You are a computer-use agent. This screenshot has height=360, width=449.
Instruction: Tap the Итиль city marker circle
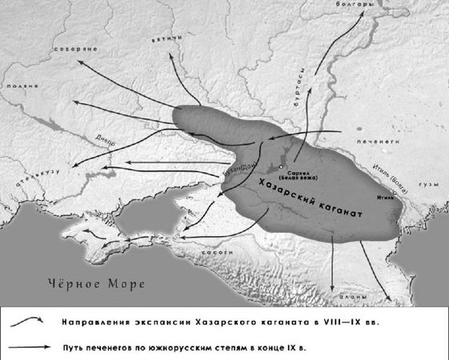[395, 193]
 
